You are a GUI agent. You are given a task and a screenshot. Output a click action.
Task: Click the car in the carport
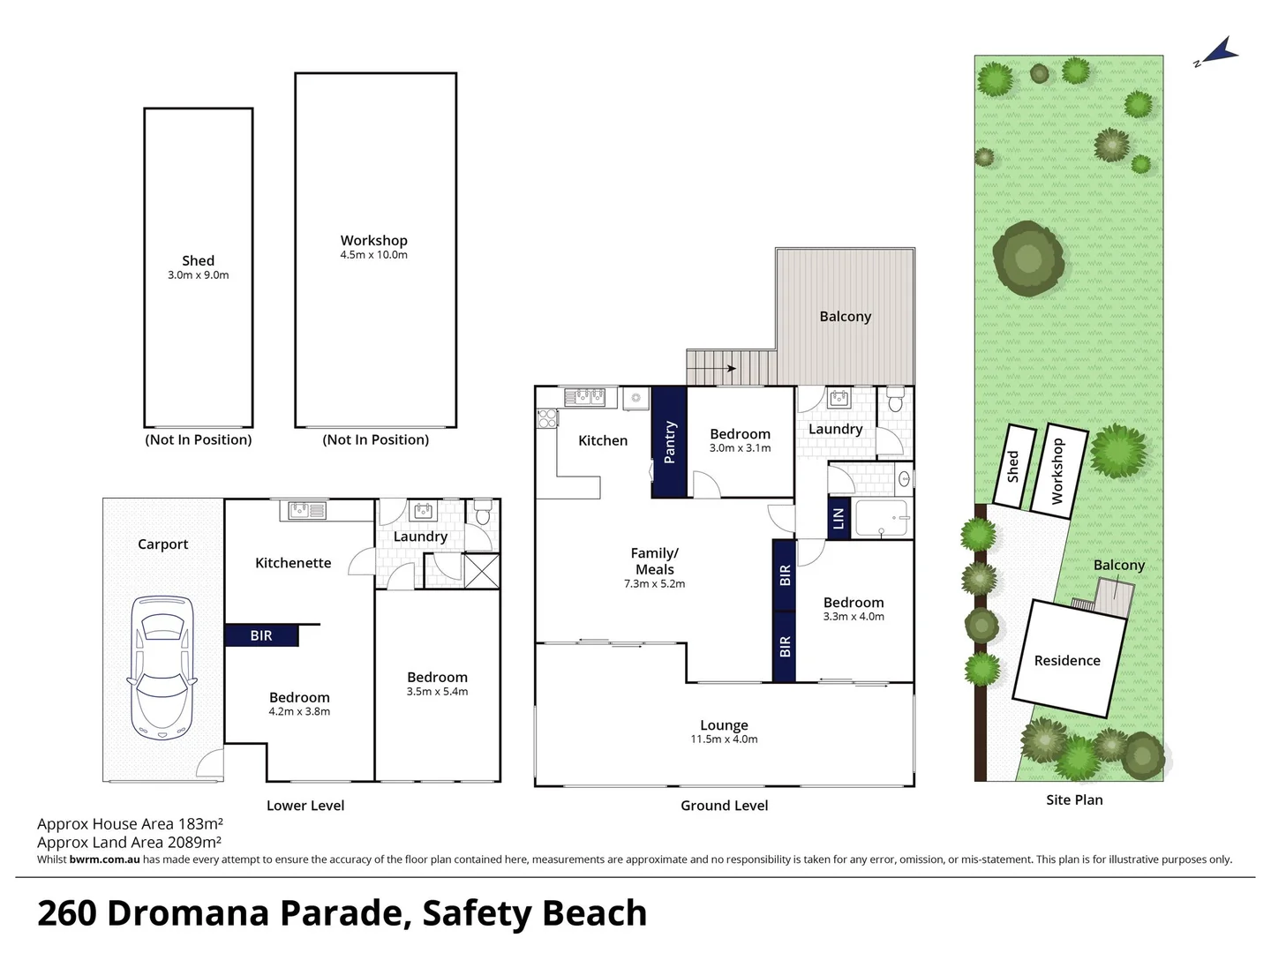tap(162, 668)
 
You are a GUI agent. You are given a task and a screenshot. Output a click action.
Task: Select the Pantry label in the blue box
tap(669, 442)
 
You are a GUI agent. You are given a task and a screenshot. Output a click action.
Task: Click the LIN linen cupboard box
tap(839, 518)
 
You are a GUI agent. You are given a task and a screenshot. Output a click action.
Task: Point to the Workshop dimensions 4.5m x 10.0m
tap(374, 255)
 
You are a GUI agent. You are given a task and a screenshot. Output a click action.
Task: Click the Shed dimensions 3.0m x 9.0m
tap(198, 275)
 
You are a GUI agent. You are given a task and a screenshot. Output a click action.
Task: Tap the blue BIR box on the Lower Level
tap(261, 635)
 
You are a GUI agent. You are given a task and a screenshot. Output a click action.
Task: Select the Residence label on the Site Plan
tap(1067, 661)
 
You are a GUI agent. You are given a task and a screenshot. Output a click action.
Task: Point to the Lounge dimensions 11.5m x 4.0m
tap(724, 739)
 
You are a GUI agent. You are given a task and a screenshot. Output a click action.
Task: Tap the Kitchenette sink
tap(303, 510)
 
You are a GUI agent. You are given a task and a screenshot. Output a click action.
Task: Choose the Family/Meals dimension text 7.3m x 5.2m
tap(654, 584)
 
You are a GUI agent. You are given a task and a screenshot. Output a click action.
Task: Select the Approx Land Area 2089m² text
tap(129, 843)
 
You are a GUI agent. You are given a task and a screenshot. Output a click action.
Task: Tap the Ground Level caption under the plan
tap(724, 806)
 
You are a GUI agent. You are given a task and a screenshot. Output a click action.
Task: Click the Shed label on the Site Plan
tap(1013, 466)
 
